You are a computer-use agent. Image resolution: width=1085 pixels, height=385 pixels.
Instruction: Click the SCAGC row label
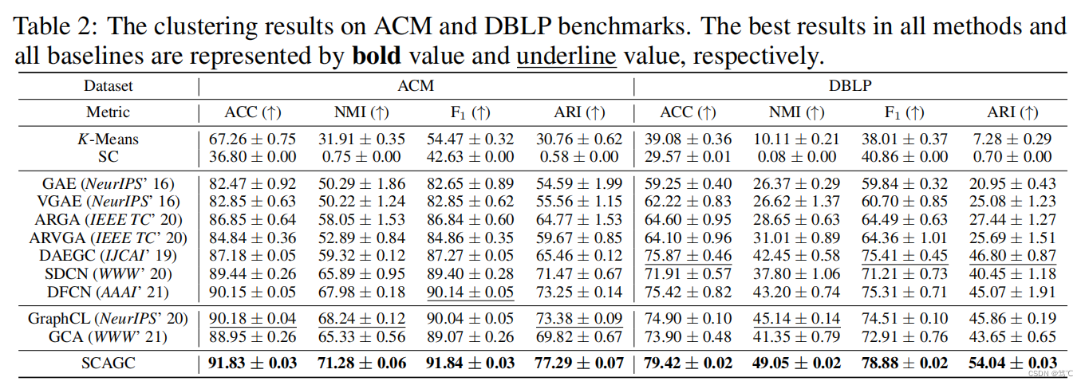pyautogui.click(x=108, y=363)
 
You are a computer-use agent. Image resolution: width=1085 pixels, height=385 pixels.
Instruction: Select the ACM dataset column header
pyautogui.click(x=415, y=85)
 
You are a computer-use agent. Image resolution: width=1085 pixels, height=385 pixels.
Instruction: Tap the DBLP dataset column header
pyautogui.click(x=850, y=85)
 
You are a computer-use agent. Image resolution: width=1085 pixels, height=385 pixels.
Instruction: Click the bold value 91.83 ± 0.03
pyautogui.click(x=252, y=363)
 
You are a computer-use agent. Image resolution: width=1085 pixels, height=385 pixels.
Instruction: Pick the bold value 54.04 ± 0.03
pyautogui.click(x=1012, y=363)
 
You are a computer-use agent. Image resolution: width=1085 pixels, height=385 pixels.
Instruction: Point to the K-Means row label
pyautogui.click(x=108, y=139)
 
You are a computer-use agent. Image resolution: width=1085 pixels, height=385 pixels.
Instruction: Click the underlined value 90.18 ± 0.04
pyautogui.click(x=252, y=319)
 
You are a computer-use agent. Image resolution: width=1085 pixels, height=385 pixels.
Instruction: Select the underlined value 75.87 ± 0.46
pyautogui.click(x=688, y=256)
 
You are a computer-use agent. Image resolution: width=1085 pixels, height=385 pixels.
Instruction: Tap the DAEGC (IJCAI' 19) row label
pyautogui.click(x=108, y=256)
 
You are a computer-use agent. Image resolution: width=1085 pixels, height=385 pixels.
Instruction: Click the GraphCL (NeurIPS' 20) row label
pyautogui.click(x=108, y=319)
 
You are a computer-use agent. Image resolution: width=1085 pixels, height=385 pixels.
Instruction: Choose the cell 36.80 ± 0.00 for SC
pyautogui.click(x=252, y=157)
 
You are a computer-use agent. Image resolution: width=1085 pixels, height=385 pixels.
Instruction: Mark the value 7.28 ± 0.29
pyautogui.click(x=1012, y=139)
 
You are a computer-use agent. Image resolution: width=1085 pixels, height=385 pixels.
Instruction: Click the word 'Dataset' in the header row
pyautogui.click(x=108, y=85)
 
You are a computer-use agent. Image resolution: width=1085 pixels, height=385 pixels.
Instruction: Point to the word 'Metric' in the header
pyautogui.click(x=108, y=112)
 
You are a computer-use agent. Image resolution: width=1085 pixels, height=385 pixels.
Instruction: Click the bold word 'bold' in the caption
pyautogui.click(x=377, y=56)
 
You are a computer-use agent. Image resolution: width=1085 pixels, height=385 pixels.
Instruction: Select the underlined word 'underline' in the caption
pyautogui.click(x=566, y=56)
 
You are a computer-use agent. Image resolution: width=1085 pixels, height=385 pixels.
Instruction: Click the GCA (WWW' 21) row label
pyautogui.click(x=108, y=336)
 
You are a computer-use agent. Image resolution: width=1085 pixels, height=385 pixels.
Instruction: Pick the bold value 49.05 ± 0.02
pyautogui.click(x=796, y=363)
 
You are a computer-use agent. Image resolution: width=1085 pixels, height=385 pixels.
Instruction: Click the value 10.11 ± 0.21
pyautogui.click(x=796, y=139)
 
